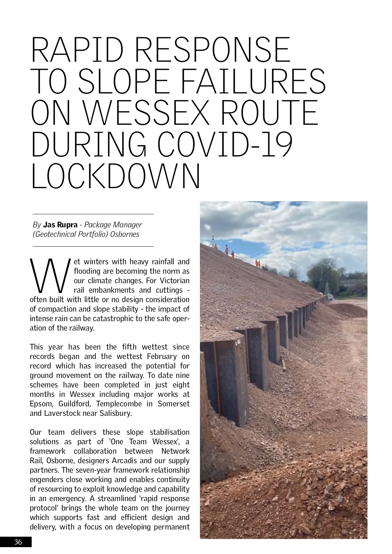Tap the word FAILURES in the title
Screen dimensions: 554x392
tap(253, 81)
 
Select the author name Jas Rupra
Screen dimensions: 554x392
tap(60, 225)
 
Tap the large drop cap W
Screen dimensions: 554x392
tap(50, 276)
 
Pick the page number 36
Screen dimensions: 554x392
tap(18, 542)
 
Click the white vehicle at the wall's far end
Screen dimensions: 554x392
tap(330, 297)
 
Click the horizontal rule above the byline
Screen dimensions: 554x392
tap(93, 214)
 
